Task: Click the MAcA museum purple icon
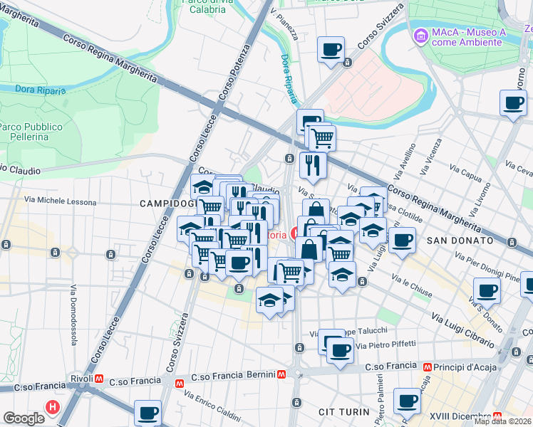[x=421, y=34]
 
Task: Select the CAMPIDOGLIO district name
[x=167, y=204]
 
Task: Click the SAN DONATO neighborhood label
[x=460, y=241]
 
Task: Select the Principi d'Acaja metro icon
[x=427, y=367]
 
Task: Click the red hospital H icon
[x=52, y=408]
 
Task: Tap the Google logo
[x=24, y=418]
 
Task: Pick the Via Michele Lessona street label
[x=61, y=201]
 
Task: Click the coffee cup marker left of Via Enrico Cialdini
[x=148, y=412]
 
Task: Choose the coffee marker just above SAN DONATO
[x=402, y=241]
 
